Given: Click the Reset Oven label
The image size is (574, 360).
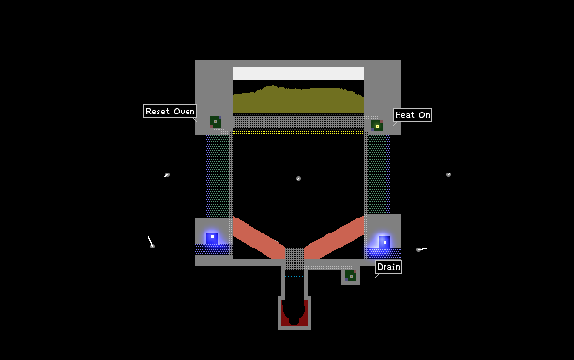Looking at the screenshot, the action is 170,112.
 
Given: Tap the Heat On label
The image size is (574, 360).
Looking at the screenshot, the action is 413,115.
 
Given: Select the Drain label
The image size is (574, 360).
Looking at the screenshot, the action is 388,266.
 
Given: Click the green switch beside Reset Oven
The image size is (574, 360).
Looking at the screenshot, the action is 216,122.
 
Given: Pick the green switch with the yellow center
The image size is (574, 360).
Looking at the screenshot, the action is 377,126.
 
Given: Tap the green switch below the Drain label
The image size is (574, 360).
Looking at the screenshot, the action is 351,276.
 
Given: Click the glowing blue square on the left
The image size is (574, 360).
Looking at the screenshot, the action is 212,237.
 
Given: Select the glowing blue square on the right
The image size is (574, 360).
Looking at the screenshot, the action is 385,242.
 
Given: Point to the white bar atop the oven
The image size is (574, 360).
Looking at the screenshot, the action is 298,73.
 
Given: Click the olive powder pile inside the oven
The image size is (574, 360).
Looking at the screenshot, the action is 298,100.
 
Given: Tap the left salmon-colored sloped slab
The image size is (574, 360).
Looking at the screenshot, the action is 259,237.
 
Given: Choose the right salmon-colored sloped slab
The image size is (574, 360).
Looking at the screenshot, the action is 334,237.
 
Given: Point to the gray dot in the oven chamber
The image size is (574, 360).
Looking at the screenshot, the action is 298,178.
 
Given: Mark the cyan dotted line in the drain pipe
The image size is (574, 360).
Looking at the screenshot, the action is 295,277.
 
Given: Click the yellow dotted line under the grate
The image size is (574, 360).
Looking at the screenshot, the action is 298,132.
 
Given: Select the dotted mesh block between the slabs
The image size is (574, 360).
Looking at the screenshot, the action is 295,259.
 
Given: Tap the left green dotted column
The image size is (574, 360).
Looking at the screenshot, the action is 219,176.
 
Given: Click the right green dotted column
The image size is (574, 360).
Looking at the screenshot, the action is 379,174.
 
